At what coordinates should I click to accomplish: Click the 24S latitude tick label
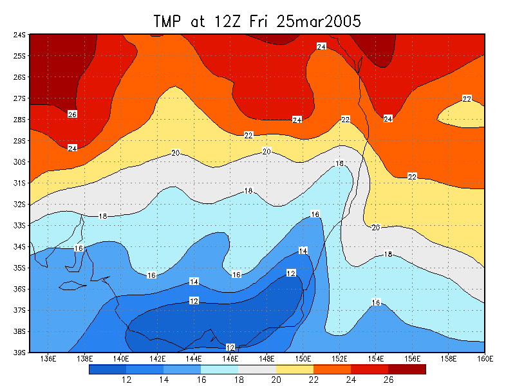click(x=20, y=35)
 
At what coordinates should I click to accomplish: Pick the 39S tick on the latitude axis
click(x=20, y=353)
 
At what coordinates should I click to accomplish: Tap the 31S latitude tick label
click(x=20, y=183)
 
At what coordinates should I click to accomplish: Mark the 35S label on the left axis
click(x=20, y=268)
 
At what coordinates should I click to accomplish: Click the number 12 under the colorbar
click(x=126, y=380)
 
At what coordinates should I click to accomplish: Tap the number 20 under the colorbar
click(x=276, y=380)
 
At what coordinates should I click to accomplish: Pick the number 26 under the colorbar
click(x=389, y=380)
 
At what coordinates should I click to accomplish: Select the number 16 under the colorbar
click(x=201, y=380)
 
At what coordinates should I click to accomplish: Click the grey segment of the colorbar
click(x=257, y=369)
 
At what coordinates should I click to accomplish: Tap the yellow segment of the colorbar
click(x=294, y=369)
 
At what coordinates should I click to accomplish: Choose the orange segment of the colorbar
click(x=332, y=369)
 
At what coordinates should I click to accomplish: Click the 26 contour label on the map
click(x=72, y=115)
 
